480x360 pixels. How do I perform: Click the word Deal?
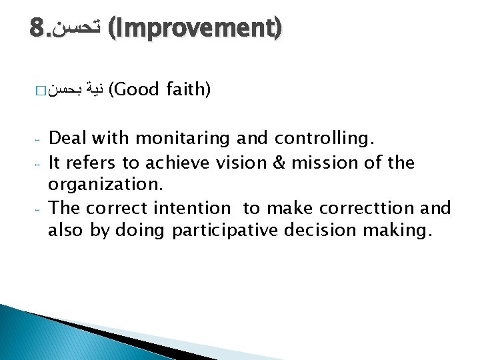pos(69,139)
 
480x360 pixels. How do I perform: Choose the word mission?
pos(321,162)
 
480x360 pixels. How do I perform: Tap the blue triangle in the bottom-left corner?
pos(40,333)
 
